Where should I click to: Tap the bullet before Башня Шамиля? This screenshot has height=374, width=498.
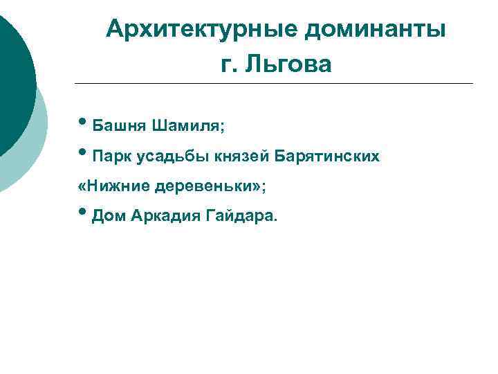pos(83,125)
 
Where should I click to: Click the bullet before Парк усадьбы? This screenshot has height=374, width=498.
pos(83,155)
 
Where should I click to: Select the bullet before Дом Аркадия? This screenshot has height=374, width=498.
pos(83,215)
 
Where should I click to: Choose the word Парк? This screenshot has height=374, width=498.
pos(111,157)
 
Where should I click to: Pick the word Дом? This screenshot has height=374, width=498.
pos(107,217)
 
